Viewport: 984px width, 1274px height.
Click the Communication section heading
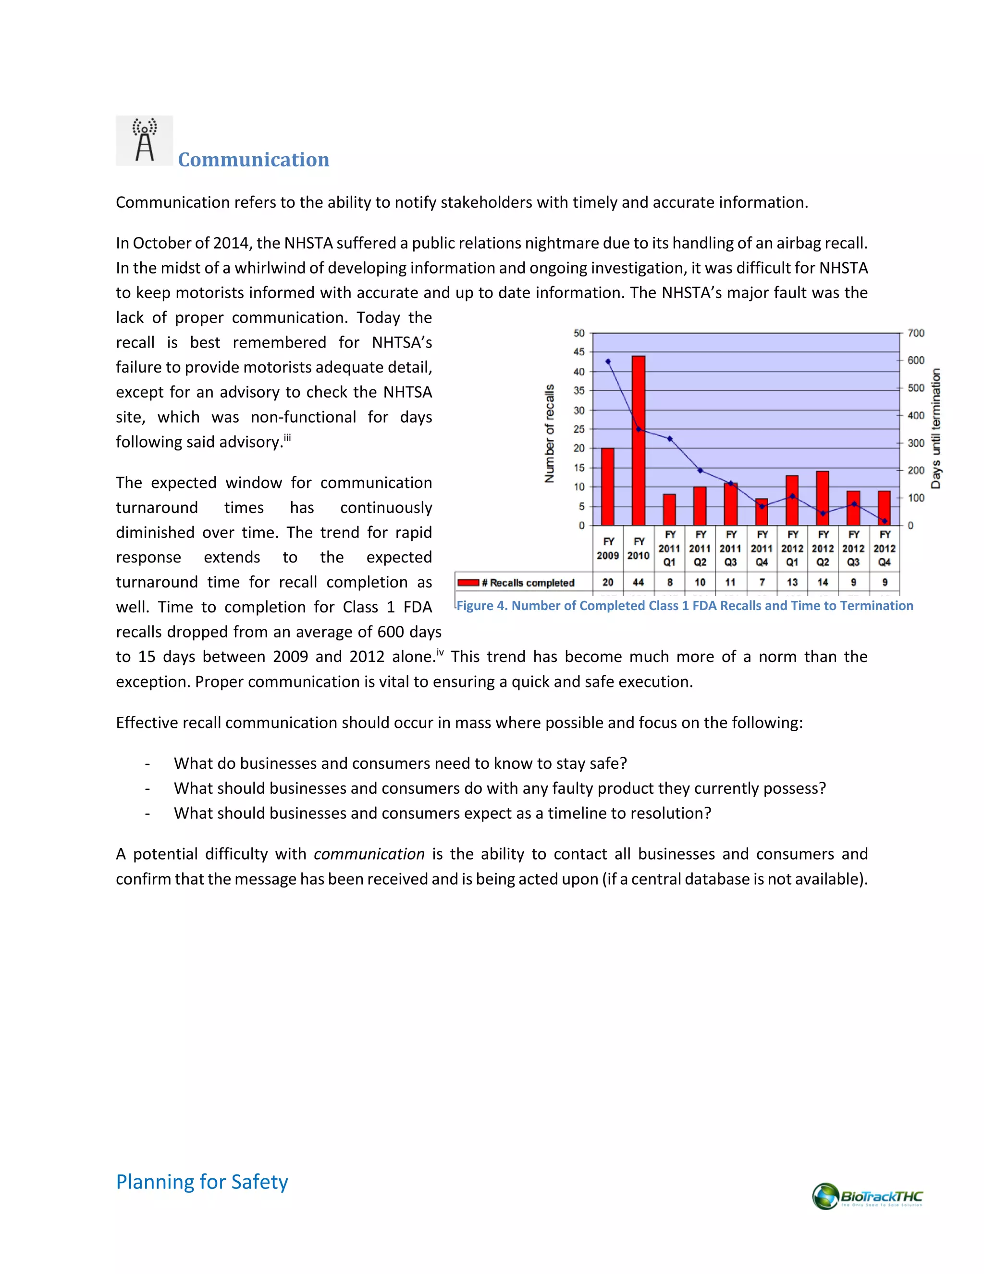[253, 160]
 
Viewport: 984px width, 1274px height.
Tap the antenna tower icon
[144, 140]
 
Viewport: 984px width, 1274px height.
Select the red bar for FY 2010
[639, 440]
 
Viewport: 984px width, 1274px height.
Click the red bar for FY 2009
[607, 487]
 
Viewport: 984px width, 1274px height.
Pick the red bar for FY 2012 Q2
[823, 498]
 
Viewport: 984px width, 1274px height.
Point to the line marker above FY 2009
[608, 362]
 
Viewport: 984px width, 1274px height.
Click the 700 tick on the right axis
[916, 333]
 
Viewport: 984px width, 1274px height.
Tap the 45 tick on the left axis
[578, 352]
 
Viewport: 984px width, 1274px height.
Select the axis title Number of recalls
[549, 434]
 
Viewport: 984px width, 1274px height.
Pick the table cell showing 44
[639, 582]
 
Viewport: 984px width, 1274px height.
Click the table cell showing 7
[762, 582]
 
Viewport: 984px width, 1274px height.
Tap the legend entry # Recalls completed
[517, 583]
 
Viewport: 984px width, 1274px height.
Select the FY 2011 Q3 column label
[730, 549]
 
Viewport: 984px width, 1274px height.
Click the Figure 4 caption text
[684, 605]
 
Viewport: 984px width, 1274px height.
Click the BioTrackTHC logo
[867, 1197]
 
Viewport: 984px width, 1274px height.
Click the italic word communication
[369, 854]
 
